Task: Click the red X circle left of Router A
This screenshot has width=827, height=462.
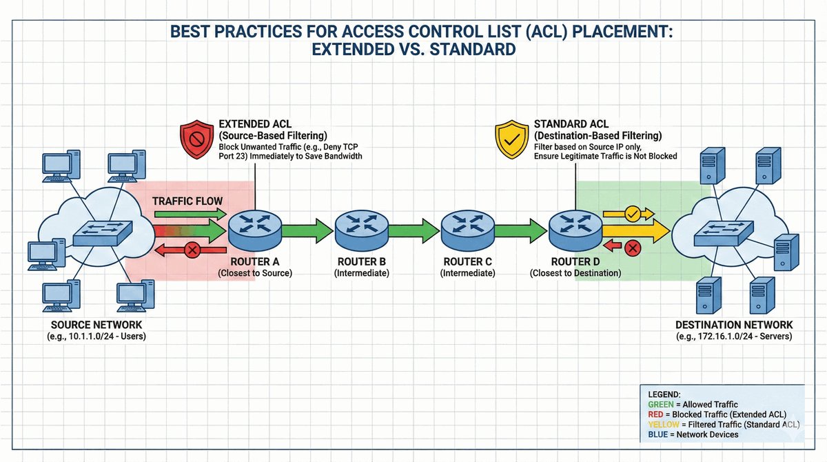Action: tap(194, 250)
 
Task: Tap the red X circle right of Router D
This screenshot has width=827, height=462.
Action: tap(629, 247)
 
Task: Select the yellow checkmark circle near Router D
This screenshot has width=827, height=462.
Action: tap(633, 213)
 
